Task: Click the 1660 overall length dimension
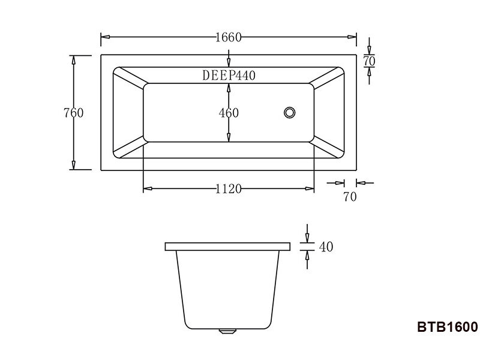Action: pyautogui.click(x=228, y=37)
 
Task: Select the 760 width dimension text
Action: pyautogui.click(x=73, y=113)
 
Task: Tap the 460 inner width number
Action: pyautogui.click(x=229, y=113)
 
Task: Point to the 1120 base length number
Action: pyautogui.click(x=228, y=189)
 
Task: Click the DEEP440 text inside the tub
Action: pyautogui.click(x=229, y=76)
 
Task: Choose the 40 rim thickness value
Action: pyautogui.click(x=326, y=247)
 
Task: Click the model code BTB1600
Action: pyautogui.click(x=447, y=328)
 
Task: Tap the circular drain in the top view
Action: pyautogui.click(x=290, y=112)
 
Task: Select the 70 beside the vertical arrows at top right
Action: pyautogui.click(x=370, y=61)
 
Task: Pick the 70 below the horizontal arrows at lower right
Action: pyautogui.click(x=350, y=197)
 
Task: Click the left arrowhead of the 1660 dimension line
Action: pyautogui.click(x=104, y=37)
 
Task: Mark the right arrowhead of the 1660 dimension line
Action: pyautogui.click(x=353, y=37)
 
